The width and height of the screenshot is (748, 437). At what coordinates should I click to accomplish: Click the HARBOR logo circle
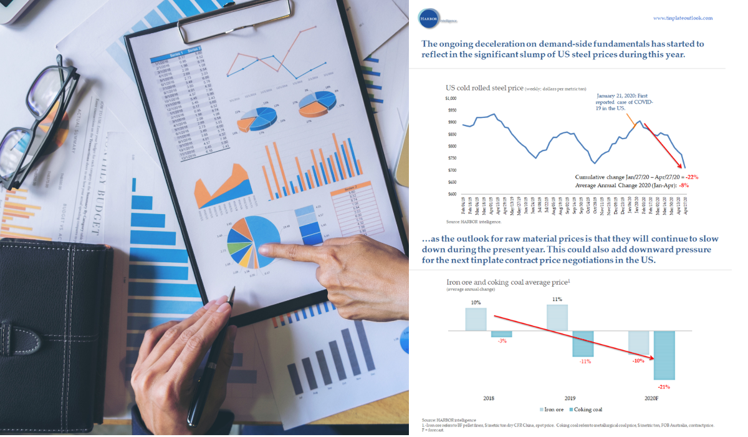[429, 17]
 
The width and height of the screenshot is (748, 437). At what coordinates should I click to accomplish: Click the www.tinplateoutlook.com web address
[682, 18]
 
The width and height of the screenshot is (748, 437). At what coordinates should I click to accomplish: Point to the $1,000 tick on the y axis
[450, 99]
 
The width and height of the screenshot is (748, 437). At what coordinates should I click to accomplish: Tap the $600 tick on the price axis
[451, 194]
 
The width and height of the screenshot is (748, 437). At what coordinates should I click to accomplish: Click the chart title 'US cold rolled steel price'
[484, 87]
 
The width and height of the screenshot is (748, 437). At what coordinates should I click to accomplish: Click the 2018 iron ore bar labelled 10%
[476, 319]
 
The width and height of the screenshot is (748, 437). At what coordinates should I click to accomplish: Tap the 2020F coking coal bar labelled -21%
[664, 355]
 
